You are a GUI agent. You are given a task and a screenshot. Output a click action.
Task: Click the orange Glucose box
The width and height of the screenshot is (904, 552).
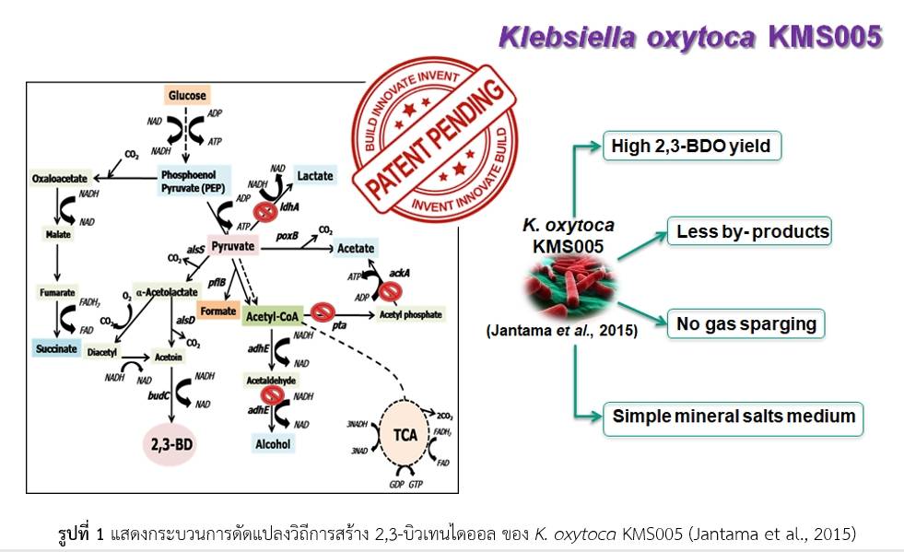point(187,95)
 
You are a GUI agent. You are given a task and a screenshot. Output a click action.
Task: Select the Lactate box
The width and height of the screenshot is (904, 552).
point(315,175)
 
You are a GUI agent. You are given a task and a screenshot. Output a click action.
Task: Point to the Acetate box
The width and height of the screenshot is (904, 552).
point(355,249)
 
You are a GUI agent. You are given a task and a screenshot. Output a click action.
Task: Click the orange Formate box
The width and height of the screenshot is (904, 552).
point(218,311)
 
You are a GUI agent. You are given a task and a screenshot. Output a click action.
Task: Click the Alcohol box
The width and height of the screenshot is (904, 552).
point(273,444)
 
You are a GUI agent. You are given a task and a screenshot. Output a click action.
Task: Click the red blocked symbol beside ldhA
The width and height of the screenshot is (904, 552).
point(265,212)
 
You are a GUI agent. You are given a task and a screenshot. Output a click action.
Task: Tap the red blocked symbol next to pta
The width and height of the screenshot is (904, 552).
point(323,313)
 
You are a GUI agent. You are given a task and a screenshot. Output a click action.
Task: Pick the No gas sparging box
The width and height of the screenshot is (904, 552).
point(746,323)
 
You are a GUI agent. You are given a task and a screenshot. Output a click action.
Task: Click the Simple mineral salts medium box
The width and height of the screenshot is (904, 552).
point(734,417)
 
